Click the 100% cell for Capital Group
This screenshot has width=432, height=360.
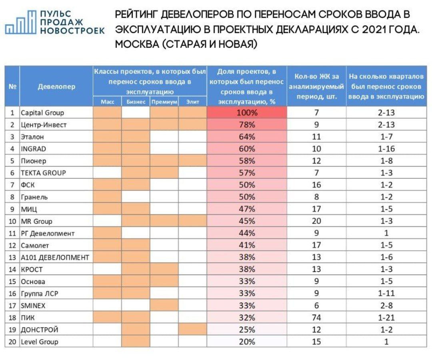point(247,113)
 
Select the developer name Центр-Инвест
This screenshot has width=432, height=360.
point(44,125)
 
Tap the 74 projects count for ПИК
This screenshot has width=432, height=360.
point(316,318)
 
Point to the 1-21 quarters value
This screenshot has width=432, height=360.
point(386,318)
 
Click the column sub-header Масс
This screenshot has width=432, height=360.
point(108,102)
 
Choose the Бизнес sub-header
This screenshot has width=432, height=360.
point(136,102)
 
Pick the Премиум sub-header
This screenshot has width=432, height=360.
point(164,102)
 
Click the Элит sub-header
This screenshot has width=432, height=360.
point(192,102)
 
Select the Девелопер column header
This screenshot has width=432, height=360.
point(56,86)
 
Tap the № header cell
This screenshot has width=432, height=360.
point(12,86)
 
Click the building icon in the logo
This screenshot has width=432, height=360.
point(21,22)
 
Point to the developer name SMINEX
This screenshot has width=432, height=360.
point(33,306)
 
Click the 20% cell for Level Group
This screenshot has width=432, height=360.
point(247,342)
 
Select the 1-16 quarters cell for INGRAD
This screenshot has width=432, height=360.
point(386,149)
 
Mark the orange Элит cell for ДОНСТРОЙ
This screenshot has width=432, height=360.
point(192,330)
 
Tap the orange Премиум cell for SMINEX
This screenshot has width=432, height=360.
point(164,306)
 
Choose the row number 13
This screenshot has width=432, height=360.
point(12,257)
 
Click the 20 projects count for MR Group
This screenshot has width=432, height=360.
point(316,221)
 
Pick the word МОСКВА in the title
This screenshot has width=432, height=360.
point(137,44)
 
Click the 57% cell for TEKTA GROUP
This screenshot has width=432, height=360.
point(247,173)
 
